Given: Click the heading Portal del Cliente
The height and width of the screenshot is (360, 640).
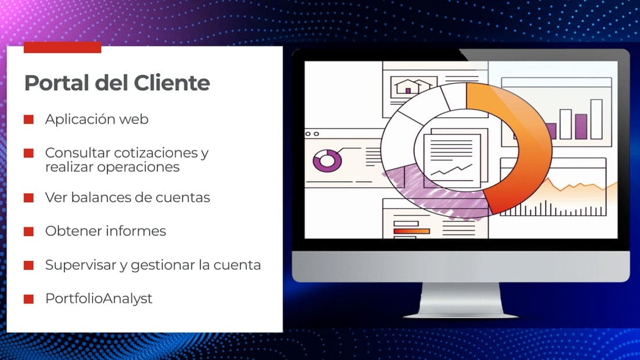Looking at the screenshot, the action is [117, 83].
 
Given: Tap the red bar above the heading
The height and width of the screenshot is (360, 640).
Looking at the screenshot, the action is [62, 47].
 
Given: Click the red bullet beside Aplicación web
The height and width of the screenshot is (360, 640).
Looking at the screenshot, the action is [29, 119].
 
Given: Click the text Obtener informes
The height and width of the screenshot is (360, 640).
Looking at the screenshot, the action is [106, 231].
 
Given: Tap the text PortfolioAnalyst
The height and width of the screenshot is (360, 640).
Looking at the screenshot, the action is [99, 298].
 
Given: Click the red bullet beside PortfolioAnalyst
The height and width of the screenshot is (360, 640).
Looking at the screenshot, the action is [29, 299].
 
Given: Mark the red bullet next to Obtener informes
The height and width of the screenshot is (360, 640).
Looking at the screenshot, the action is [29, 231].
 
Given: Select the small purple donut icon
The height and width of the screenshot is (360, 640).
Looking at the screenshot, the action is [328, 161].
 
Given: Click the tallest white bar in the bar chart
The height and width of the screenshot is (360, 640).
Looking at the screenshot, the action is [596, 119].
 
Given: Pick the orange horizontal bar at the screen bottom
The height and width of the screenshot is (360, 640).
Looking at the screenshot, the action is [411, 231].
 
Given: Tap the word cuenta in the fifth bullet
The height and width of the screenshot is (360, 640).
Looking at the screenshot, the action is [237, 265].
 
